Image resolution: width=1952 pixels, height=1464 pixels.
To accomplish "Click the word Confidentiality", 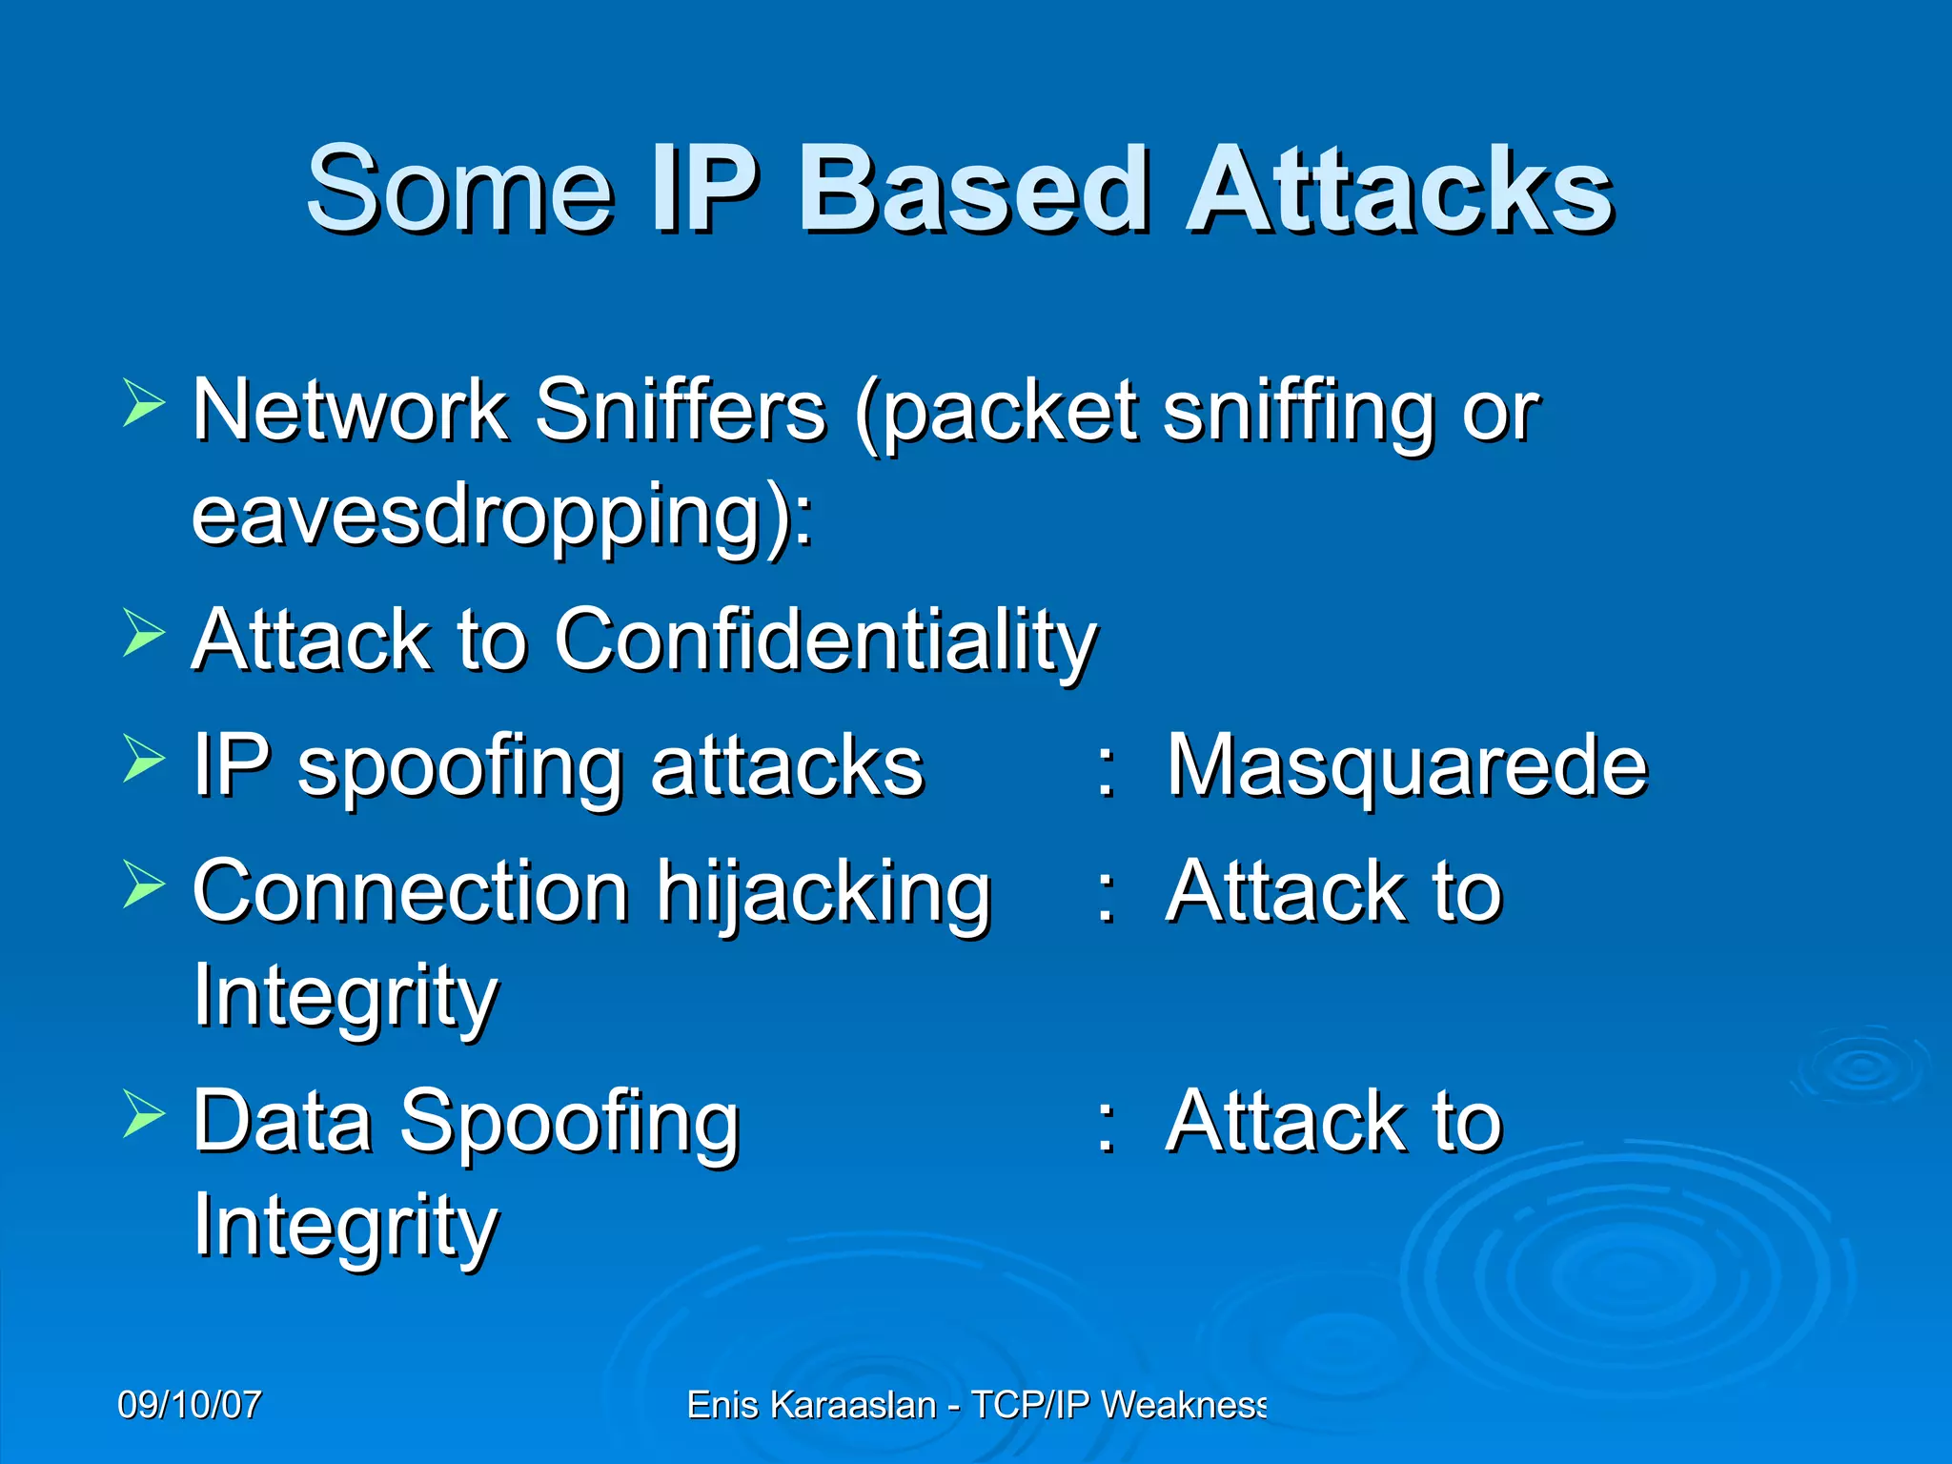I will (825, 640).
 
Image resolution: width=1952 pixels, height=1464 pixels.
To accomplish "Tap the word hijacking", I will (824, 893).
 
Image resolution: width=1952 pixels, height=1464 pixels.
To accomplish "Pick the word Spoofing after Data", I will (569, 1123).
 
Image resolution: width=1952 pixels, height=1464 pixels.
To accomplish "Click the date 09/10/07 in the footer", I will (190, 1405).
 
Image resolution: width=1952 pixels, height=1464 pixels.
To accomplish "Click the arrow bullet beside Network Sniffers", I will (144, 402).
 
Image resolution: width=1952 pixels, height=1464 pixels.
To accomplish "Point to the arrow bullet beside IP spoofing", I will (144, 759).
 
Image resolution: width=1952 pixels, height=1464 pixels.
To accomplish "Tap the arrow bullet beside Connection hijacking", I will (144, 884).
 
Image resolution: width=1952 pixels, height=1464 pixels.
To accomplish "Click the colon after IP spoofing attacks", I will (1106, 768).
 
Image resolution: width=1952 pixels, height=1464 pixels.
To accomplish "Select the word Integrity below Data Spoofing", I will (346, 1227).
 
